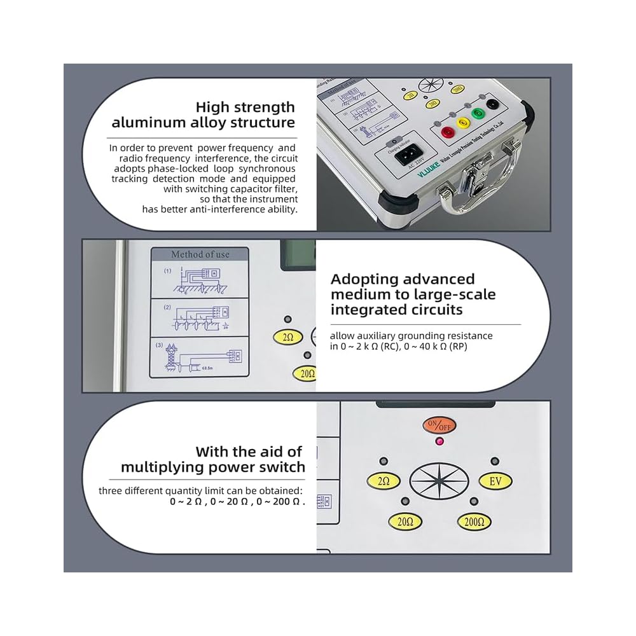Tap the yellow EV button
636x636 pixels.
pos(495,481)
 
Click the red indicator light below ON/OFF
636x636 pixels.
pos(439,441)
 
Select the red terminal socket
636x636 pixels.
pos(448,132)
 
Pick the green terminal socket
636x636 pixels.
pos(477,115)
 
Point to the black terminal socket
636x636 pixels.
pos(492,104)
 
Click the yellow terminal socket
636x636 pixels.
pos(462,123)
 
